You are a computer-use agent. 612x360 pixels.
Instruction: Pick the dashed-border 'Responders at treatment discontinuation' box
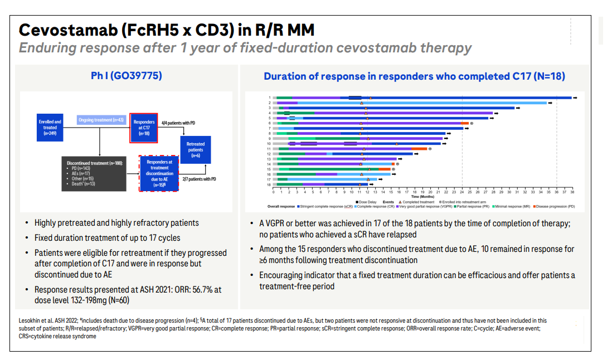point(159,173)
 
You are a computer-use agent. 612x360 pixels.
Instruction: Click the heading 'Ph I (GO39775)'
point(127,75)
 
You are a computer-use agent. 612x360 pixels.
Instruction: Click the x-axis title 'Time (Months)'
point(423,197)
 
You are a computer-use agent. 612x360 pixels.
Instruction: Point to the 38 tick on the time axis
point(572,192)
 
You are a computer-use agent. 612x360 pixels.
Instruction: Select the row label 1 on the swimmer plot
point(270,98)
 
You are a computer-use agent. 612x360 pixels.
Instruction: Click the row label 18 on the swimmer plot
point(269,184)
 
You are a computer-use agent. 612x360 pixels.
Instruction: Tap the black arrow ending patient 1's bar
point(575,98)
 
